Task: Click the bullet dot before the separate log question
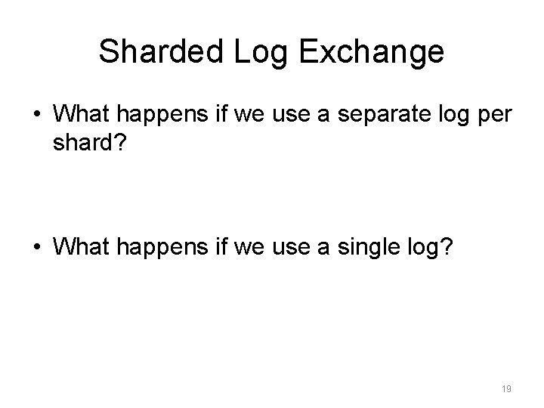[x=36, y=118]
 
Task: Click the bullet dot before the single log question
[x=36, y=246]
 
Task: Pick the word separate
[x=355, y=117]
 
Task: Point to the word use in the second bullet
[x=273, y=247]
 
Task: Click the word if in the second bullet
[x=208, y=246]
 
